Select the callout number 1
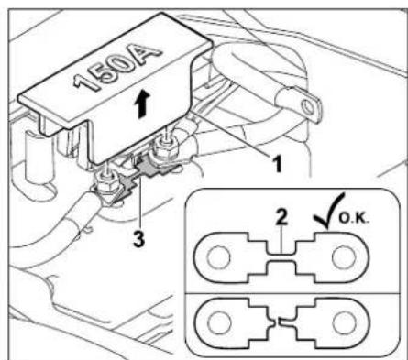(x=277, y=163)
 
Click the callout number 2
(x=281, y=217)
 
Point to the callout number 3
(x=138, y=238)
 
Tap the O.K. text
(x=355, y=218)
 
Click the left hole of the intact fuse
(x=218, y=257)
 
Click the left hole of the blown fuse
(x=219, y=323)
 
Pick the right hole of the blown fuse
(x=344, y=323)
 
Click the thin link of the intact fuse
(x=281, y=257)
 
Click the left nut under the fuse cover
(x=107, y=184)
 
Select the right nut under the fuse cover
(x=165, y=147)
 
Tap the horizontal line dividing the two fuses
(x=292, y=293)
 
